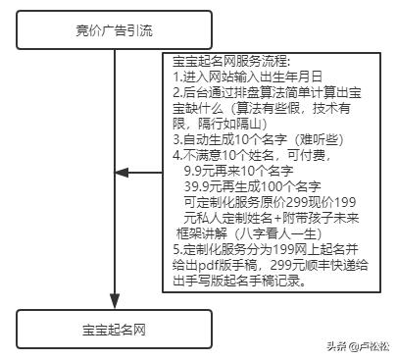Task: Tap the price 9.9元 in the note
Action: tap(203, 169)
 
